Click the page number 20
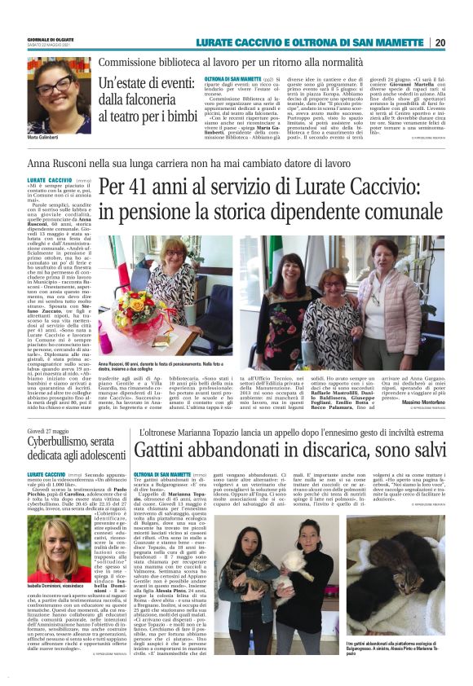[x=462, y=42]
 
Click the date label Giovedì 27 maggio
[x=48, y=453]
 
